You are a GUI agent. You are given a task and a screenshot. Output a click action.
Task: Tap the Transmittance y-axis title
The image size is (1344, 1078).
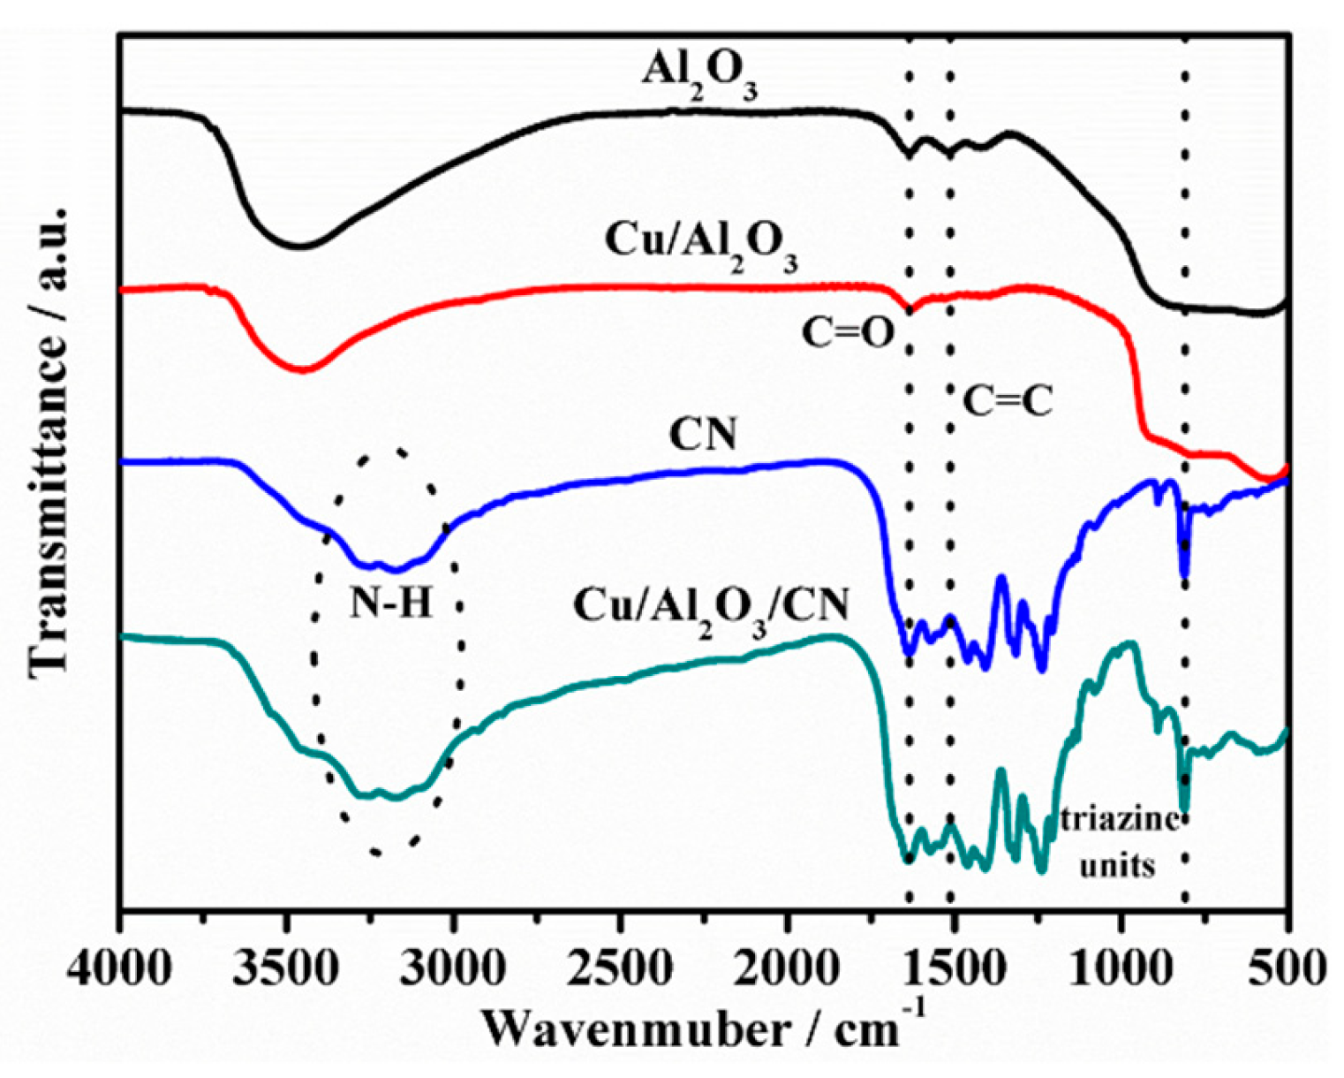(49, 442)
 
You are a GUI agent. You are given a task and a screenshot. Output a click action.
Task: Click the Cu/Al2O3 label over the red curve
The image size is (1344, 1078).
(701, 247)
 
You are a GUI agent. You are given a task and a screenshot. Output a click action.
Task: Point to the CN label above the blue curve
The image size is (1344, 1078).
(703, 436)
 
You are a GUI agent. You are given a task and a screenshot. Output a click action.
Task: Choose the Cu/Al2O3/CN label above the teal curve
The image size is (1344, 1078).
(711, 610)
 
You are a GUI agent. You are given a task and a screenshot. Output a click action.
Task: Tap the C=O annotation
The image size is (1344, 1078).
(848, 334)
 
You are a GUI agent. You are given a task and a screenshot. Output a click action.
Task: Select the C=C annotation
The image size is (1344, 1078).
(1007, 402)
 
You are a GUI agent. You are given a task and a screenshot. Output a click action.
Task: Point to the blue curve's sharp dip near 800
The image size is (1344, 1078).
(1184, 574)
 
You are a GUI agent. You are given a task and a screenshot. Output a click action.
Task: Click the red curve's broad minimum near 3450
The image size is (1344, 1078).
(303, 370)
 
